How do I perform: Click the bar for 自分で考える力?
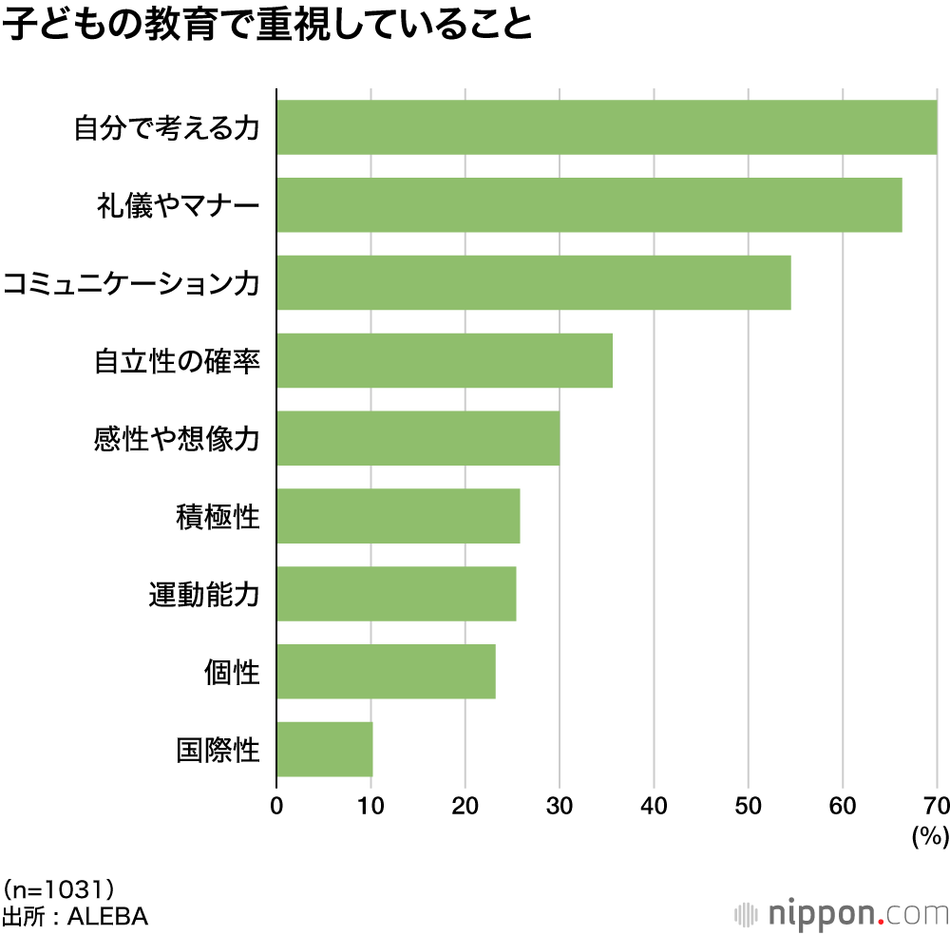(x=606, y=127)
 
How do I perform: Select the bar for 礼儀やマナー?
(x=589, y=205)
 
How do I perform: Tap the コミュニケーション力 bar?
(x=533, y=283)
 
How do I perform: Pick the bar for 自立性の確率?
(x=445, y=361)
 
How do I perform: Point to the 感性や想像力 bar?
(x=418, y=439)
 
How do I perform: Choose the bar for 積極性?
(x=398, y=517)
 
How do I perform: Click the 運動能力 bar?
(x=396, y=595)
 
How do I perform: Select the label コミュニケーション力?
(x=131, y=283)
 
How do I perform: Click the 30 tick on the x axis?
(x=560, y=806)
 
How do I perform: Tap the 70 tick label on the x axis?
(x=937, y=806)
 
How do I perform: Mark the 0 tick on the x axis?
(x=276, y=806)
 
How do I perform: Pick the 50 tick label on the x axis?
(x=749, y=806)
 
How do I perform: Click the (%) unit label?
(x=930, y=836)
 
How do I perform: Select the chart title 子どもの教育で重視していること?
(x=268, y=26)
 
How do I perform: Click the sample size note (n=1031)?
(x=59, y=889)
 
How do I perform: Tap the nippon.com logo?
(x=841, y=914)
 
